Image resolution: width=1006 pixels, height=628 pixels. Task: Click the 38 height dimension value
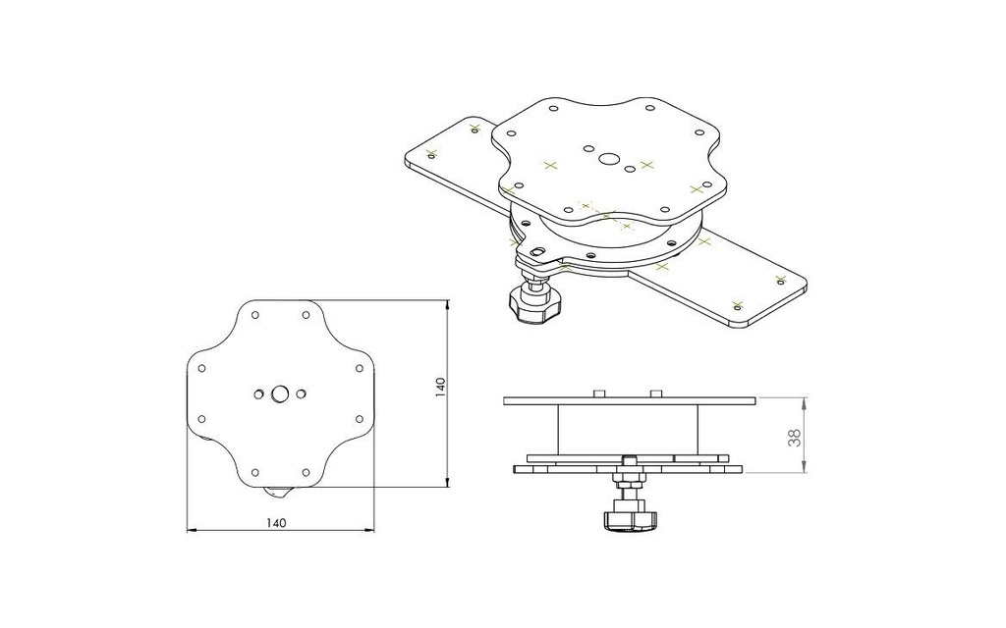(795, 437)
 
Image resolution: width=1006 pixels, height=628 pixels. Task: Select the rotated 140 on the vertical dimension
(441, 388)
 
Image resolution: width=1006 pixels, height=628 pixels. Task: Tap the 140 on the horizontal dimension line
(276, 523)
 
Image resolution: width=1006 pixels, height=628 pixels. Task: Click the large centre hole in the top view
(280, 393)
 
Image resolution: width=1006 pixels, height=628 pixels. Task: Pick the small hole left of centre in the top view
(258, 393)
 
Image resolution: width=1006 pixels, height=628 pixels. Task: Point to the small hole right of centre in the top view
(301, 393)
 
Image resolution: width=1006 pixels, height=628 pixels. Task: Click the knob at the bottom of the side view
(625, 519)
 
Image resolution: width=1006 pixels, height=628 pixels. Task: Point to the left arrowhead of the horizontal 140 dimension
(191, 531)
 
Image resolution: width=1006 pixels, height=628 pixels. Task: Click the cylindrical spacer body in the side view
(629, 428)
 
